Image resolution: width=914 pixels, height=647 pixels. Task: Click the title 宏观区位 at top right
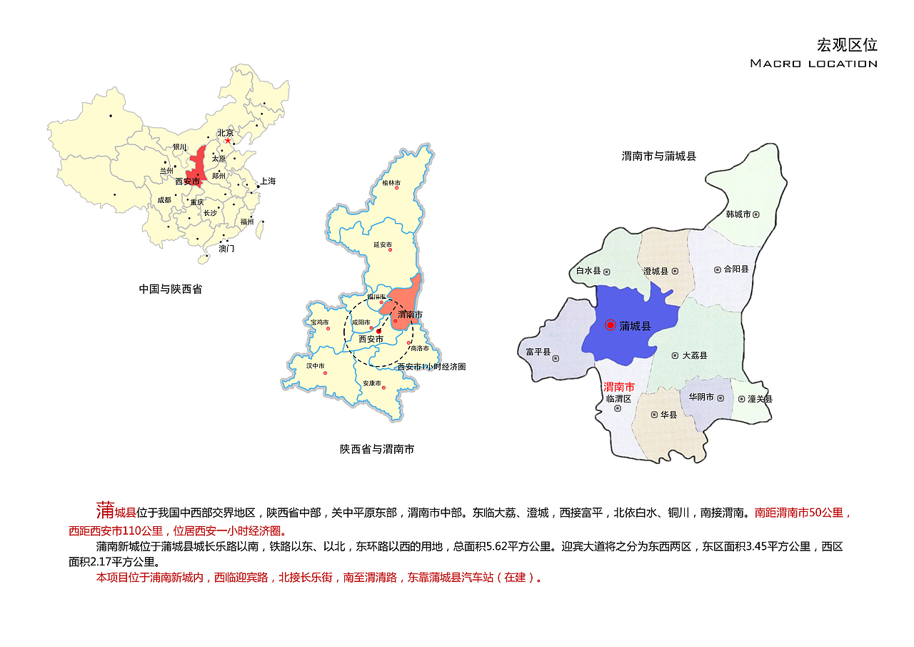pyautogui.click(x=847, y=45)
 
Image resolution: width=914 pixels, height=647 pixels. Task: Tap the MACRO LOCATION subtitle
pyautogui.click(x=813, y=64)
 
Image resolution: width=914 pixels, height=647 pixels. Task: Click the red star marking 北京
pyautogui.click(x=228, y=141)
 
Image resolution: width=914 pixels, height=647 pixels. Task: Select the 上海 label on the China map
pyautogui.click(x=268, y=182)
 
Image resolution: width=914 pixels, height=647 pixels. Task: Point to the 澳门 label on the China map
pyautogui.click(x=226, y=249)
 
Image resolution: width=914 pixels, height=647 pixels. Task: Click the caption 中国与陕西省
pyautogui.click(x=171, y=290)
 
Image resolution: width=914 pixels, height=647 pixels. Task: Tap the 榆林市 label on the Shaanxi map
pyautogui.click(x=391, y=183)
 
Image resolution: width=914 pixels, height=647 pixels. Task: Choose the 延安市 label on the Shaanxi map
pyautogui.click(x=383, y=245)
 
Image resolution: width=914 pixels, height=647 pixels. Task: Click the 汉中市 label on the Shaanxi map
pyautogui.click(x=316, y=366)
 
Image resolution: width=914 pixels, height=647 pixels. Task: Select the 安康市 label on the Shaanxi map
pyautogui.click(x=372, y=383)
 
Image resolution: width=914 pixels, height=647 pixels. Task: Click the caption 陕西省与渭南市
pyautogui.click(x=377, y=450)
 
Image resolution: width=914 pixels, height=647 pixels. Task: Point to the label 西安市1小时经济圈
pyautogui.click(x=431, y=367)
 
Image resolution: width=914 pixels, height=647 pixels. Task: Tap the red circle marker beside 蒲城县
pyautogui.click(x=611, y=325)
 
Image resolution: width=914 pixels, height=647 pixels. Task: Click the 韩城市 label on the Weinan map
pyautogui.click(x=738, y=214)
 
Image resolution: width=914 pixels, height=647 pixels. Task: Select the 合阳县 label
pyautogui.click(x=736, y=270)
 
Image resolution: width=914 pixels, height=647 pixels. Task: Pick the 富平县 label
pyautogui.click(x=538, y=352)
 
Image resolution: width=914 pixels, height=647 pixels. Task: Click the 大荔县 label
pyautogui.click(x=695, y=355)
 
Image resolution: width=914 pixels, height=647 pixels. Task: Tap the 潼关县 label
pyautogui.click(x=760, y=399)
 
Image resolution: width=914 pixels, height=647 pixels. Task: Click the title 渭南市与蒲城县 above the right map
pyautogui.click(x=658, y=156)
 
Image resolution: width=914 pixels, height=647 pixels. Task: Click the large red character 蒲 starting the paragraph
pyautogui.click(x=105, y=510)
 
